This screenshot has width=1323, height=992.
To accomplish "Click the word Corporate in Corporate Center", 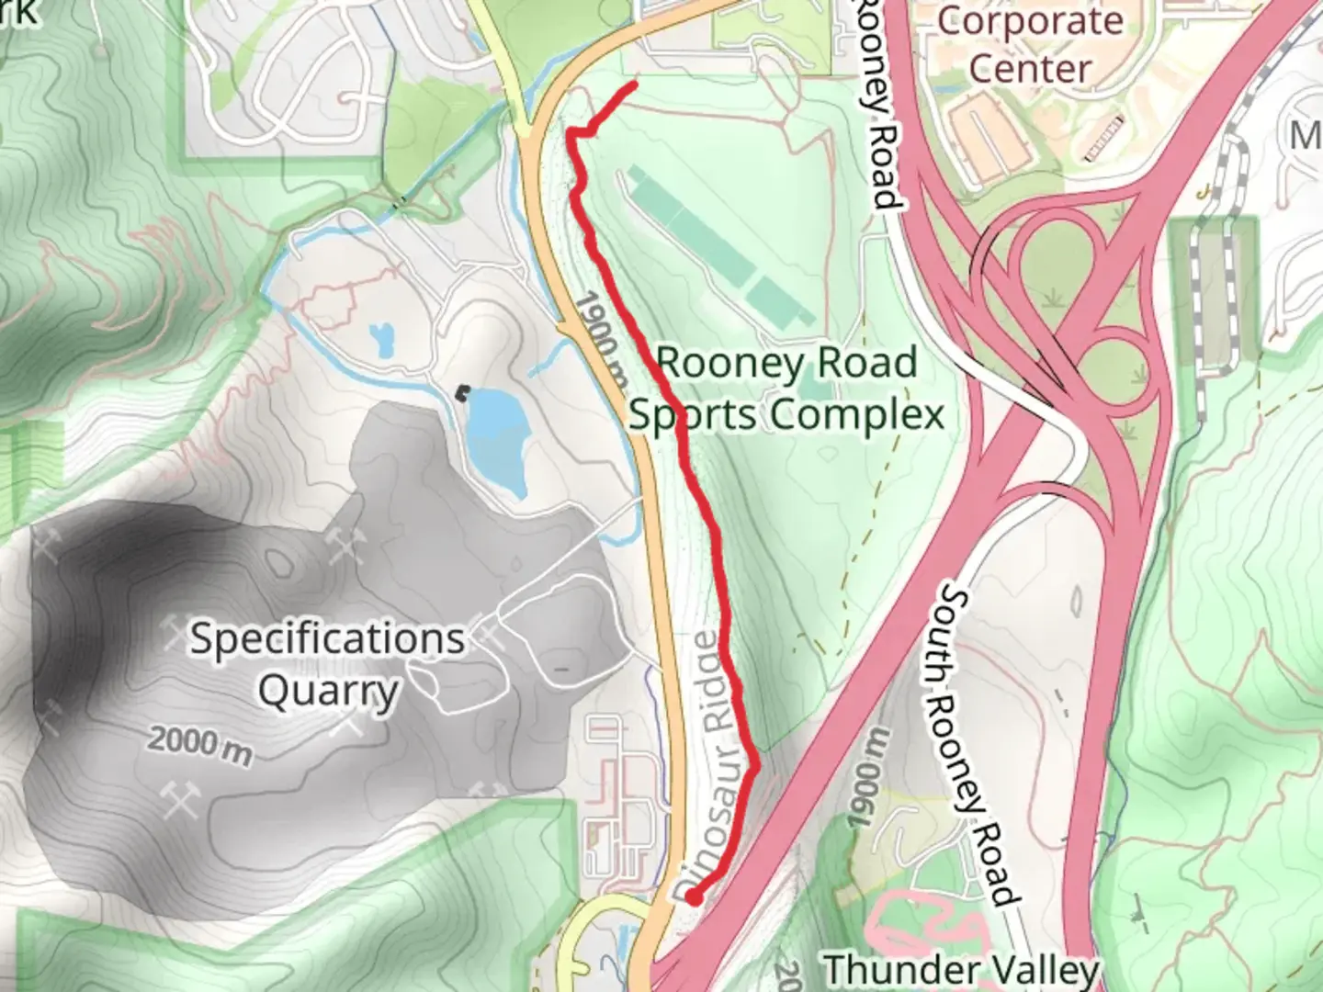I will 1030,21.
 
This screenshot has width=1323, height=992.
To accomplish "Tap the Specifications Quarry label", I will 327,664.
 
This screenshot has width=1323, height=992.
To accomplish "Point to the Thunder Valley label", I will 961,970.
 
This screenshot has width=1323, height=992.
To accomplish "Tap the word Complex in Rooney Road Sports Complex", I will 857,414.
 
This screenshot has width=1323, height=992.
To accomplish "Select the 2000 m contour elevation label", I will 199,745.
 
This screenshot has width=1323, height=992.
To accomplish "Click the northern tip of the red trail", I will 633,85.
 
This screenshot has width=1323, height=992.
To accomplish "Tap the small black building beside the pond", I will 462,392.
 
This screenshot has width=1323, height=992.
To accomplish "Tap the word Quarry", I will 327,691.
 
